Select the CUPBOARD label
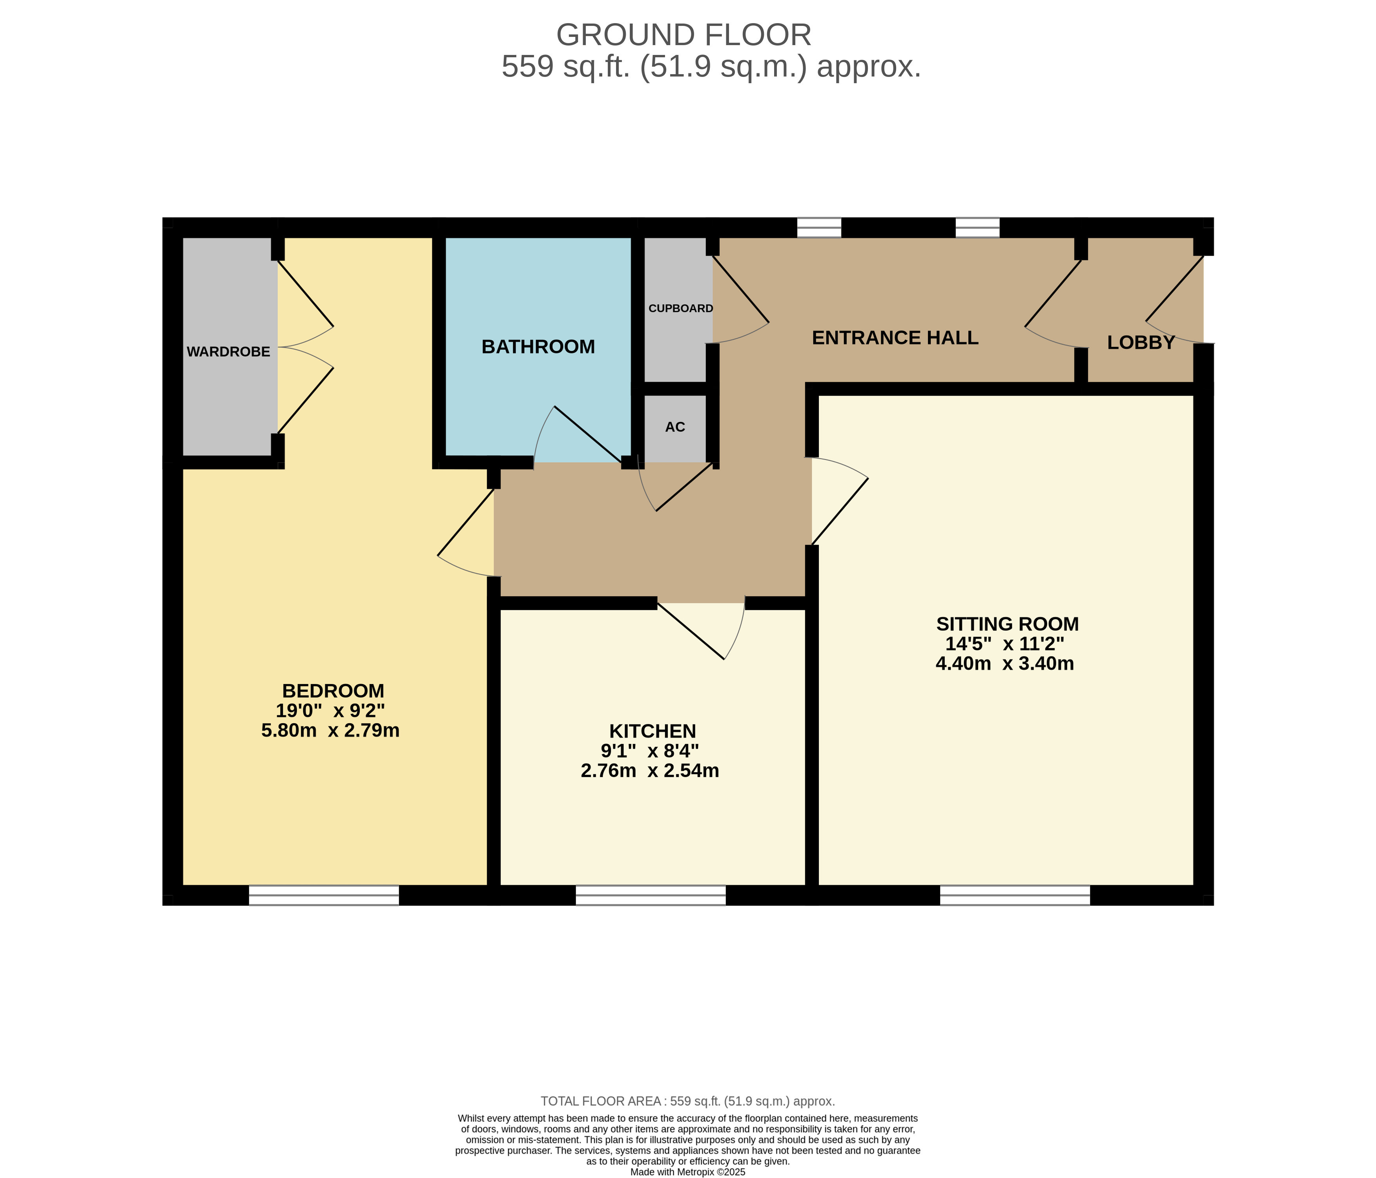point(681,309)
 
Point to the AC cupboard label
point(675,427)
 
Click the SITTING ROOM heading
point(1008,624)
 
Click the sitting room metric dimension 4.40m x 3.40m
point(1005,664)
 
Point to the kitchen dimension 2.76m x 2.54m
point(650,771)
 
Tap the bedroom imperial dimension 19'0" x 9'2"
point(331,711)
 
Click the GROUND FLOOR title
point(684,35)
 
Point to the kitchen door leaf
point(691,631)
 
